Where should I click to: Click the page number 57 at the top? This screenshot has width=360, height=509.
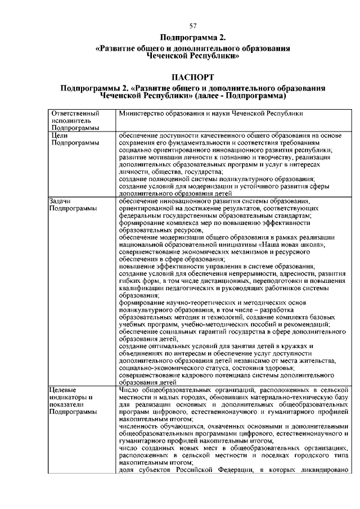[193, 26]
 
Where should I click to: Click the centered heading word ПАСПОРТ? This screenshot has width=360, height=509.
[193, 76]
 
